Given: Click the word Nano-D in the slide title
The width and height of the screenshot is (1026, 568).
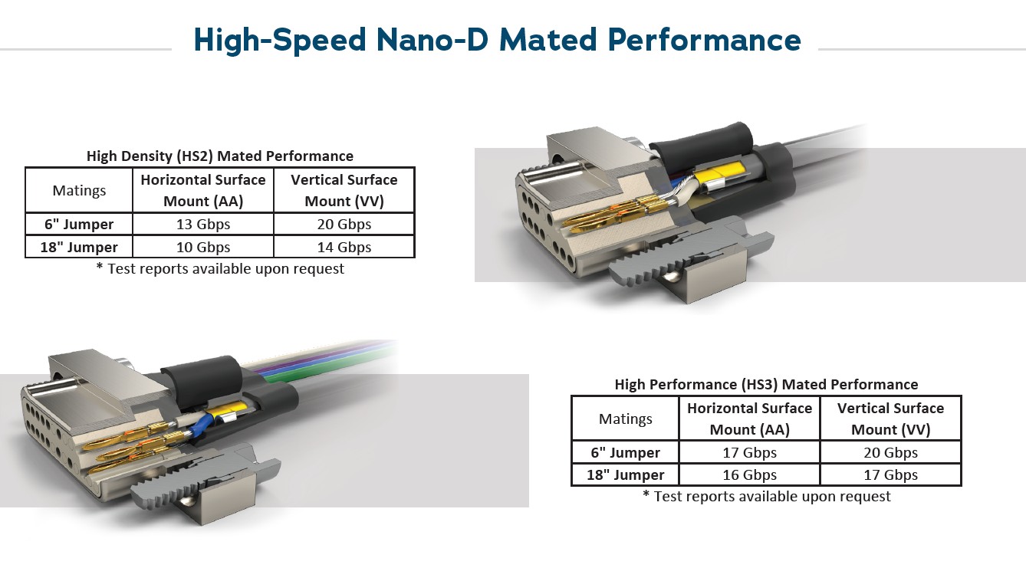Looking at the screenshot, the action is coord(432,39).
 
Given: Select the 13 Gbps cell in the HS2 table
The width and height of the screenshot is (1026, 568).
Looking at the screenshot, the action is coord(203,224).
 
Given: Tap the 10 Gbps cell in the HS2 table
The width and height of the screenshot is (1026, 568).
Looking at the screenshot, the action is coord(203,247).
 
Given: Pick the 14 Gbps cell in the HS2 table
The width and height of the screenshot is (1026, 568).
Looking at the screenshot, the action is coord(344,247).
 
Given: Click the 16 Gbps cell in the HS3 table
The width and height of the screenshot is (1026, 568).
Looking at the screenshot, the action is coord(749,474).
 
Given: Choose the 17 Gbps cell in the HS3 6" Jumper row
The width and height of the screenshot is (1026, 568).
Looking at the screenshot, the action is coord(749,452).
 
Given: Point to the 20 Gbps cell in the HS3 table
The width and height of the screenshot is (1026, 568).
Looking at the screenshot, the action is coord(890,452).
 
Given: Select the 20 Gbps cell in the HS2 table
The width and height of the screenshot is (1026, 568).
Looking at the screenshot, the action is coord(344,224).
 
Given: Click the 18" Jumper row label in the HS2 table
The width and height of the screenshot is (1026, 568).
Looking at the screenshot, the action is coord(79,247).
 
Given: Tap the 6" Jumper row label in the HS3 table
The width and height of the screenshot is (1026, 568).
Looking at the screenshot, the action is coord(625,452).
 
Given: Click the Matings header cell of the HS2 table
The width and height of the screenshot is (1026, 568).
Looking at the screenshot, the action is coord(79,190).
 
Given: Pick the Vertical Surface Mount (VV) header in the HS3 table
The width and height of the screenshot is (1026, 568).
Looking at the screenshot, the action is coord(890,419).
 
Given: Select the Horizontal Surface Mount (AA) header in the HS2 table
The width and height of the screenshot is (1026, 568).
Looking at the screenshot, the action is coord(203,190).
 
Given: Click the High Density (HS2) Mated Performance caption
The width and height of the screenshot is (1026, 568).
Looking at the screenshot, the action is coord(220,156).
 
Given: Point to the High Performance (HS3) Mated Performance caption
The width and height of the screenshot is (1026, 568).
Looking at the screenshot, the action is coord(766,385).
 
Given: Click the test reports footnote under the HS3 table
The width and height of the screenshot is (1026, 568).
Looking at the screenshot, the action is coord(767,496).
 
